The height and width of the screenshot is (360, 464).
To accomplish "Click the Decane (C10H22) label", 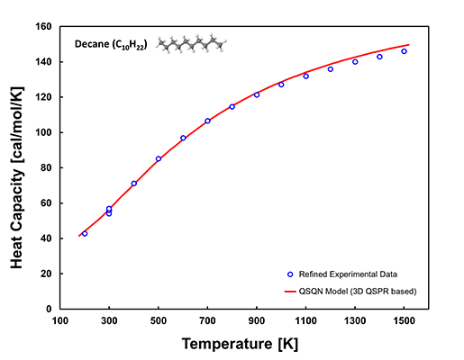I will [112, 44].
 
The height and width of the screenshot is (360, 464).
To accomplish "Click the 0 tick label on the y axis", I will [50, 309].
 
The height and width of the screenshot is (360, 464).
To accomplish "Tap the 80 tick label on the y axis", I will [46, 167].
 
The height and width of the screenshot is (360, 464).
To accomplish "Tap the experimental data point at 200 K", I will [85, 233].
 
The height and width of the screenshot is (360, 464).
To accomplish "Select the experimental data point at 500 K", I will [159, 158].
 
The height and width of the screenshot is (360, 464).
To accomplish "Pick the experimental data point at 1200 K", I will [330, 69].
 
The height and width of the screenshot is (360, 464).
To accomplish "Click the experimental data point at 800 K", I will [232, 106].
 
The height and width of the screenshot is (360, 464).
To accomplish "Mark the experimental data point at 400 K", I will [134, 184].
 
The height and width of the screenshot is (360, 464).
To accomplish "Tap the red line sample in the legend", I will [290, 291].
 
